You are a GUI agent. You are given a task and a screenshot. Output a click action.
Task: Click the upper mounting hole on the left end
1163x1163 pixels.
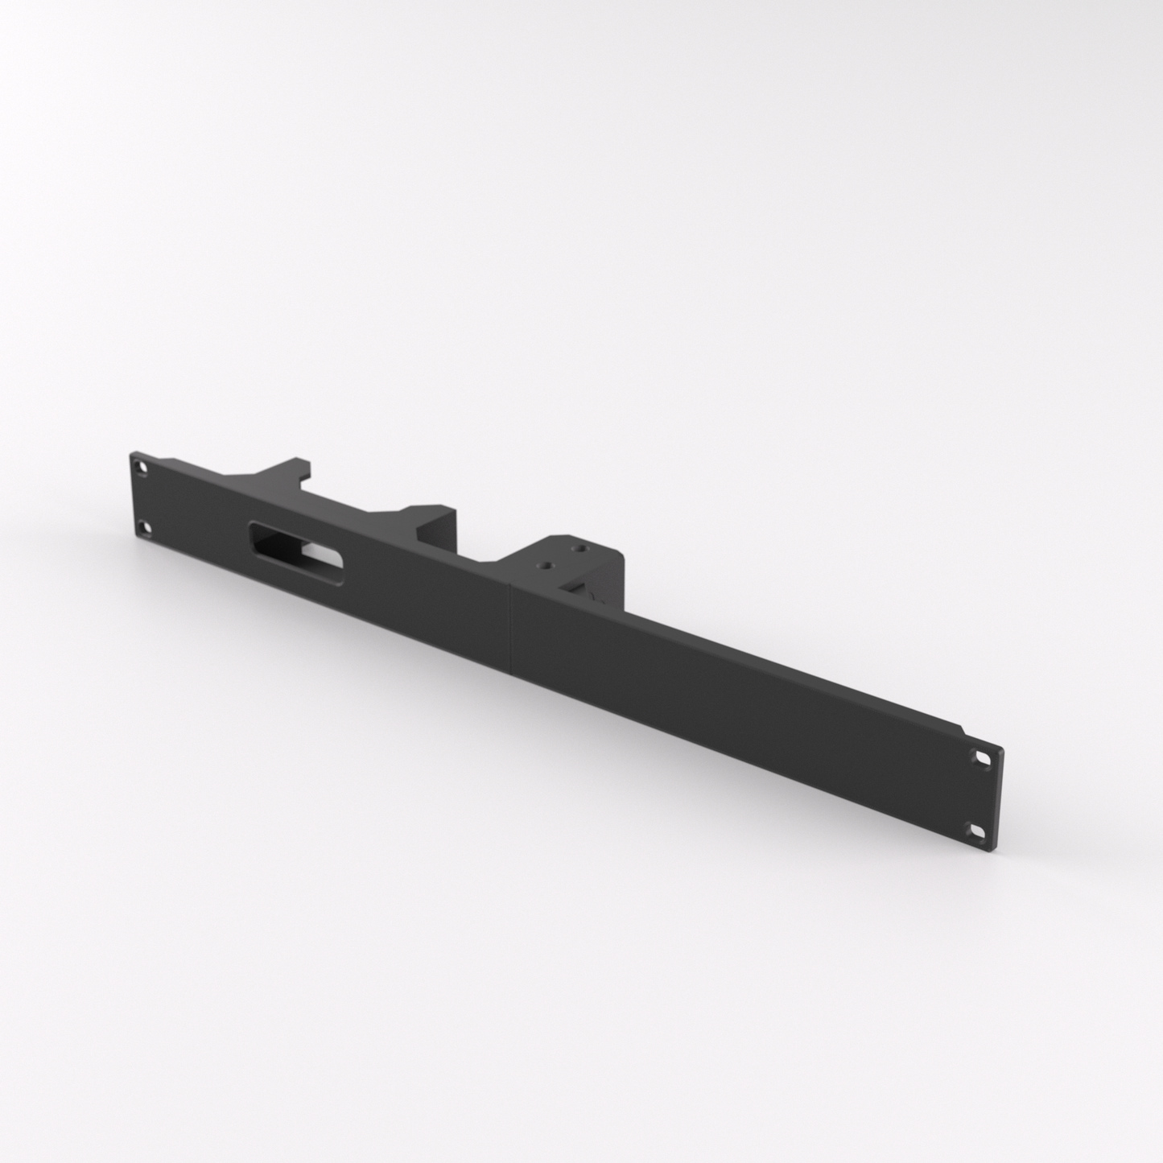142,466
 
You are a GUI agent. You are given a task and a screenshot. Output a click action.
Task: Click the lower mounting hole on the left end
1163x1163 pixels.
144,529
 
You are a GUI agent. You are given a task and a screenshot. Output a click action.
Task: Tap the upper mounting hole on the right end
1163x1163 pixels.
983,757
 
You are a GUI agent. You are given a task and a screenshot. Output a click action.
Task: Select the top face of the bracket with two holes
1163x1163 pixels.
563,557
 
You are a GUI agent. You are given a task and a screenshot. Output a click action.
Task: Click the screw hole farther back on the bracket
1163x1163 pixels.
577,548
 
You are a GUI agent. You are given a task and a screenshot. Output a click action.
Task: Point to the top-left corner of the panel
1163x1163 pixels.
131,453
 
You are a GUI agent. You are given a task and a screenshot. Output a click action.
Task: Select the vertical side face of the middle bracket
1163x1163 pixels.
447,531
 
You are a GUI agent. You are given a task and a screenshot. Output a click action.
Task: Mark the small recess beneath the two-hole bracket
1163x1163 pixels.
596,596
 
